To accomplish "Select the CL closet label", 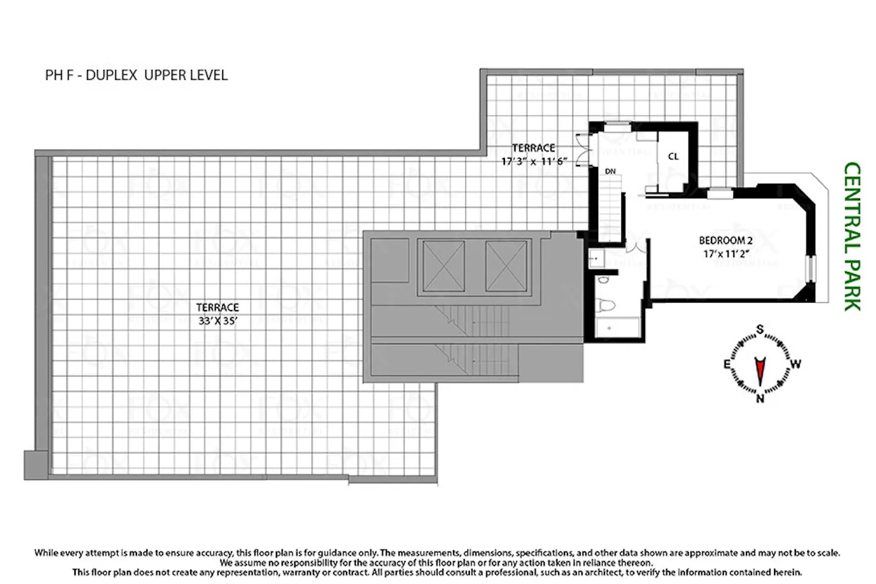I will click(673, 157).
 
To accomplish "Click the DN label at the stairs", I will click(610, 171).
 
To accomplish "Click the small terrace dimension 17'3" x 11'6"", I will click(534, 161).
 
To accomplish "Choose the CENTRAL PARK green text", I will click(851, 236).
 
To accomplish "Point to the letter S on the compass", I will click(760, 330).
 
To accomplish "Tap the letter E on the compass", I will click(726, 365).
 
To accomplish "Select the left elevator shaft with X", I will click(444, 266).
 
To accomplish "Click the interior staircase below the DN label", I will click(608, 209).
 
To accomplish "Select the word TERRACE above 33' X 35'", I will click(218, 308).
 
